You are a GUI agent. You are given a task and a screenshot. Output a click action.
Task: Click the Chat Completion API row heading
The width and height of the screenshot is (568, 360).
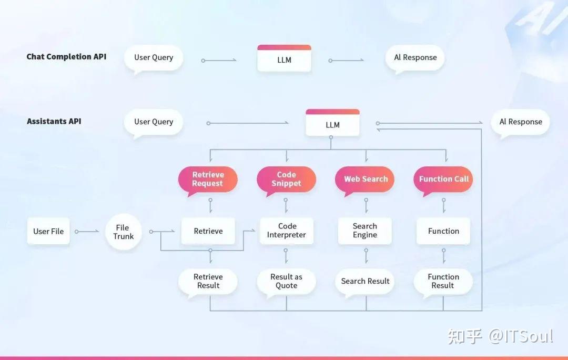(66, 56)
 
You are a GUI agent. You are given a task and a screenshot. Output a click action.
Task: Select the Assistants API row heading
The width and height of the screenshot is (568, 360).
(54, 121)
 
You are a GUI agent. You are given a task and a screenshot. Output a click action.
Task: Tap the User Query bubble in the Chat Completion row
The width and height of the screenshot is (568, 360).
(154, 58)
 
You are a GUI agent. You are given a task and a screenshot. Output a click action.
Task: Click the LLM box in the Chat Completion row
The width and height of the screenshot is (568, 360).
(285, 58)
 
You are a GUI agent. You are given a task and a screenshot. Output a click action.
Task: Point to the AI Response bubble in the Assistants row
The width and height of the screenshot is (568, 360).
(521, 123)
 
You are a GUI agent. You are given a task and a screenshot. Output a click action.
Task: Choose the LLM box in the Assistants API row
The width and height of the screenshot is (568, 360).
(332, 123)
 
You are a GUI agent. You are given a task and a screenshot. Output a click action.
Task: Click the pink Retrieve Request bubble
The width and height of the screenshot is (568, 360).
(208, 180)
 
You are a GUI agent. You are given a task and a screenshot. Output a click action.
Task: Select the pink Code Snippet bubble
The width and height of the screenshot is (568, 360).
(286, 180)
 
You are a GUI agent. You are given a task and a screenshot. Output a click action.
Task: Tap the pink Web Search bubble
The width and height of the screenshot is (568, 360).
(365, 180)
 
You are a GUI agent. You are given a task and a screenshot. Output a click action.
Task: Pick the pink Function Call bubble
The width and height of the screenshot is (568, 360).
(443, 180)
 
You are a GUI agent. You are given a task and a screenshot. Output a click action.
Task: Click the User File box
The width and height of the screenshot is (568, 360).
(48, 231)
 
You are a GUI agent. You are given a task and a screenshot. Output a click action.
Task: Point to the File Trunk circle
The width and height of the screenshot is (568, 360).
(124, 232)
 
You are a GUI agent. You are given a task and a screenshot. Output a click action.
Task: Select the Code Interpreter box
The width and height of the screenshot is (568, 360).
(287, 231)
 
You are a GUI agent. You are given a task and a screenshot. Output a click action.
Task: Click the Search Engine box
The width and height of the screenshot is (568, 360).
(365, 231)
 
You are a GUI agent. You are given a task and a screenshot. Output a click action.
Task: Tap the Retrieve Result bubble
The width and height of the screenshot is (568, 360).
(208, 282)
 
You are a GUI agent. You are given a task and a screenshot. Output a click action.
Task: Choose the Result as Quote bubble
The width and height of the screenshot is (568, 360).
(286, 282)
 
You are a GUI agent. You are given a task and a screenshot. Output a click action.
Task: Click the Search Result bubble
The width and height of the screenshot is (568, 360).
(365, 282)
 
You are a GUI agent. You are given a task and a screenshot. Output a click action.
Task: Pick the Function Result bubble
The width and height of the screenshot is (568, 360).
(443, 282)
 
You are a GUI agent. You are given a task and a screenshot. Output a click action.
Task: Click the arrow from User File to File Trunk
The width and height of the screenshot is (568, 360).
(87, 231)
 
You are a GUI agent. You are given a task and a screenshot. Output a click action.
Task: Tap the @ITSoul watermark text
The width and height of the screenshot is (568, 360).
(521, 336)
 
